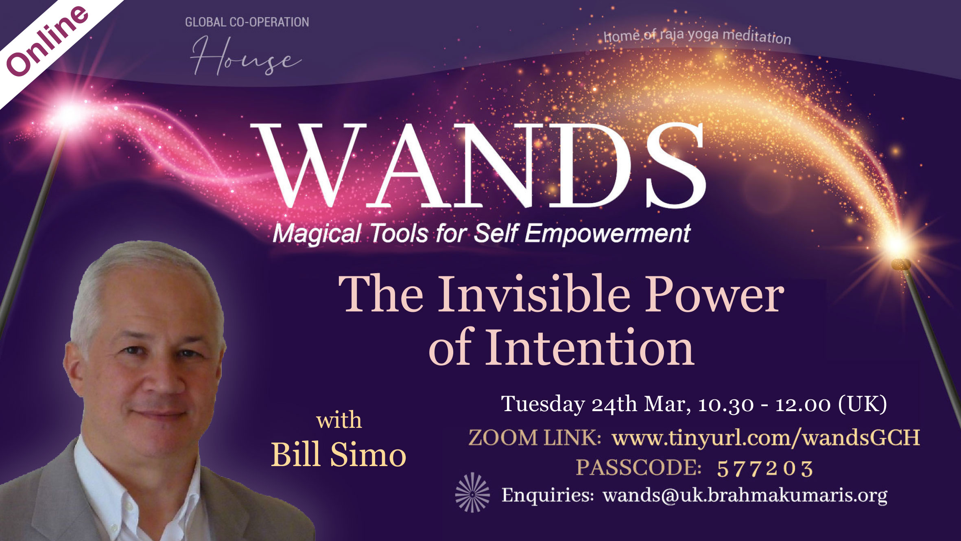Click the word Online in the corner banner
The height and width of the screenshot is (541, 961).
tap(47, 41)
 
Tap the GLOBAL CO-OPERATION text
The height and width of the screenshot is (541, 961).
tap(247, 22)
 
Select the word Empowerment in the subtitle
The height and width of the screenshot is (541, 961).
tap(607, 234)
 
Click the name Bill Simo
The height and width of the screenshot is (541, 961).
tap(339, 454)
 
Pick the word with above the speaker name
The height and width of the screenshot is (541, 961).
tap(339, 420)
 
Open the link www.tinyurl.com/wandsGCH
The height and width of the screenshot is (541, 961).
tap(766, 438)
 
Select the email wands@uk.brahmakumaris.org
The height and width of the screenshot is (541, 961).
tap(745, 495)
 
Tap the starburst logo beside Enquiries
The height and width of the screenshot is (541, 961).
tap(472, 492)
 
